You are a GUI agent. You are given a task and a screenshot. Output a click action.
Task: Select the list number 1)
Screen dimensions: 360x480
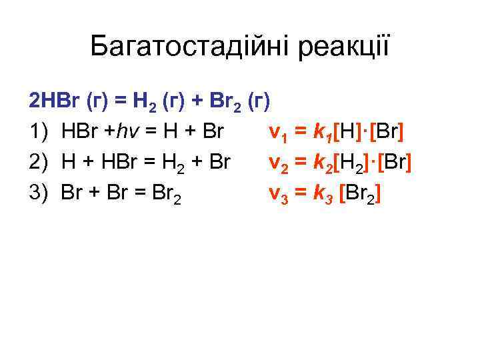39,131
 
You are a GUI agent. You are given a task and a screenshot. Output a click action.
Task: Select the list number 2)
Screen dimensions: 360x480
39,161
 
